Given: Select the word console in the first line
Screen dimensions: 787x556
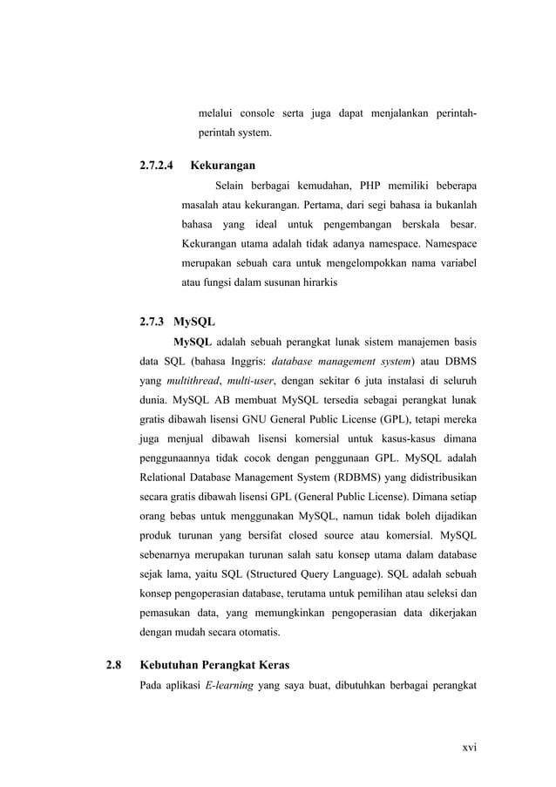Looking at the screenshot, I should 257,113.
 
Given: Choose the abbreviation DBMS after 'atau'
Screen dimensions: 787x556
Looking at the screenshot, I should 458,361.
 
